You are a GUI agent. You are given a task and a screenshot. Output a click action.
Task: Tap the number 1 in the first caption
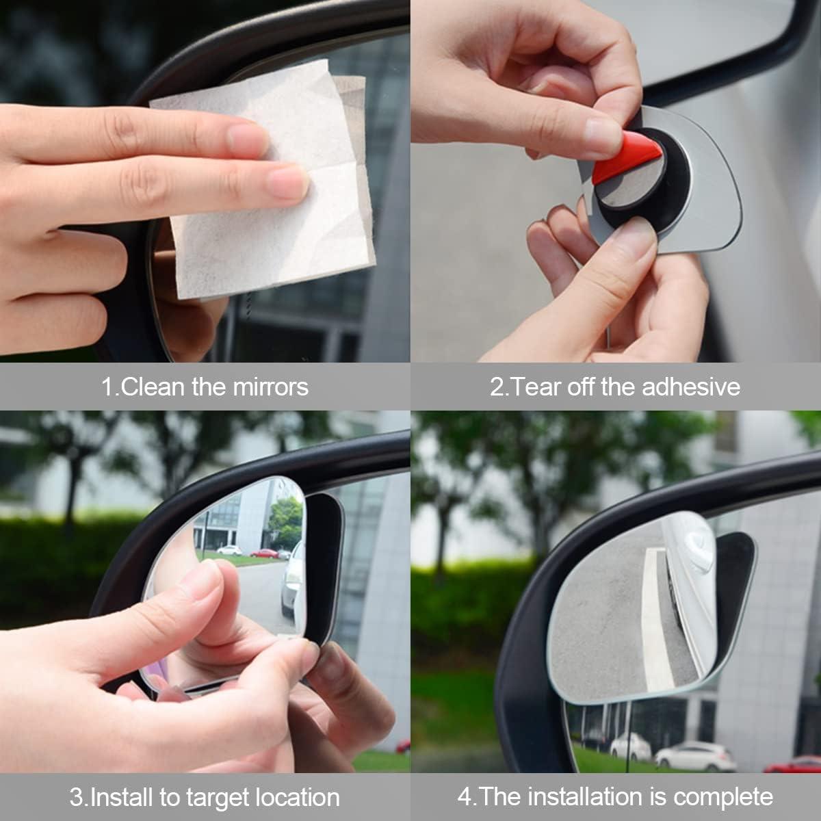point(107,387)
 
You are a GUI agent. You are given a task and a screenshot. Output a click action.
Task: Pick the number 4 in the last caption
point(464,797)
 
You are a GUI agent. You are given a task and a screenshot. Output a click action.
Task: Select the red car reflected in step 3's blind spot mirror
point(264,553)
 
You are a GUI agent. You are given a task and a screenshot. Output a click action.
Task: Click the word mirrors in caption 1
point(271,387)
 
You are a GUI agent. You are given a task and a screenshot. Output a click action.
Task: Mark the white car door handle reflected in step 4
point(696,544)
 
